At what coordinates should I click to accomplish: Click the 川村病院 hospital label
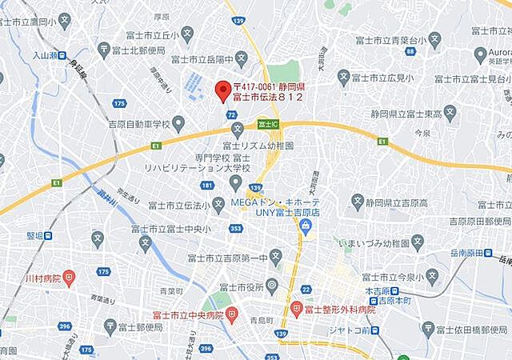(x=38, y=278)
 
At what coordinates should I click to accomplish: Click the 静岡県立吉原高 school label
(x=408, y=198)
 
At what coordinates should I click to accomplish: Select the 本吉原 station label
(x=394, y=292)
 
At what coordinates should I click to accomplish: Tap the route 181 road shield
(x=207, y=186)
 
